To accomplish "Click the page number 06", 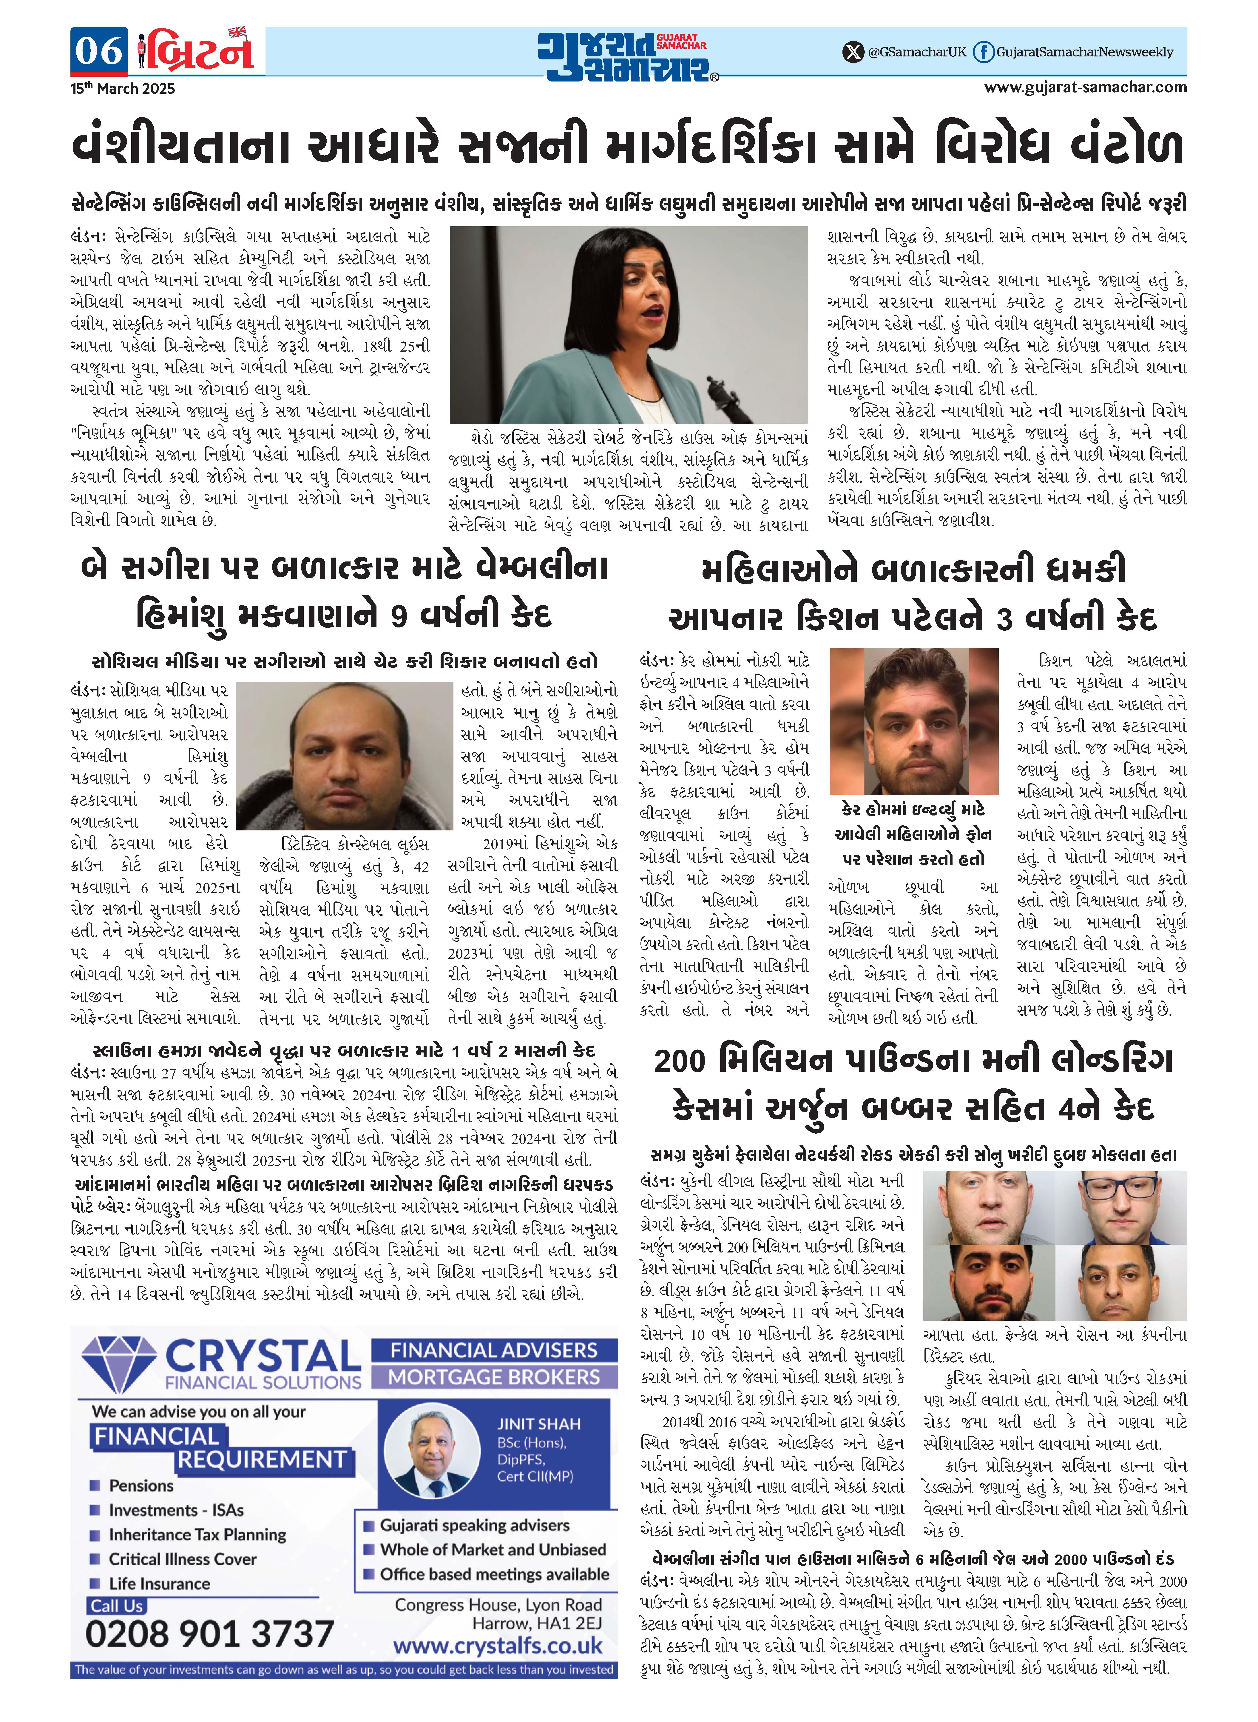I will (x=99, y=51).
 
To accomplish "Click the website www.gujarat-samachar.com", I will (x=1085, y=87).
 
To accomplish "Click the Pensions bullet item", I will (x=141, y=1485).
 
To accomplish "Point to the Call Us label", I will (x=117, y=1606).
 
